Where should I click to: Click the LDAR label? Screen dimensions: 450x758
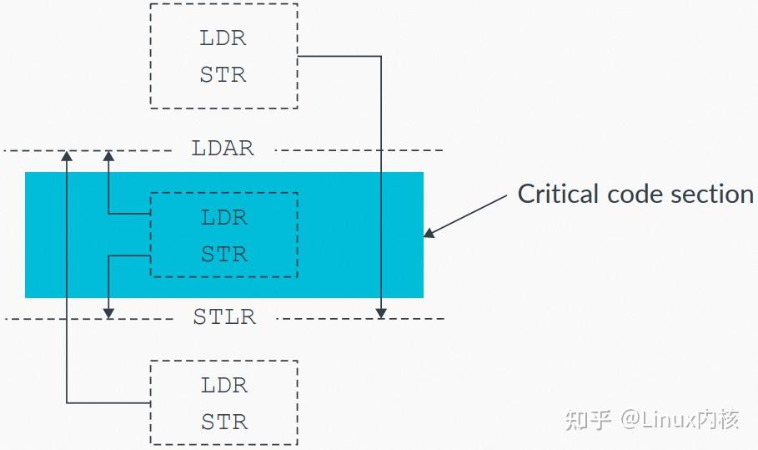coord(223,149)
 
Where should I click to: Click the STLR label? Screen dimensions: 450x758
coord(224,317)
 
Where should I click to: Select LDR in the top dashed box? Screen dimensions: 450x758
coord(223,38)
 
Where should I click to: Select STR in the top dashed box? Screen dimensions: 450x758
coord(223,75)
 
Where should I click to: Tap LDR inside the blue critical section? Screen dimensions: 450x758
coord(224,218)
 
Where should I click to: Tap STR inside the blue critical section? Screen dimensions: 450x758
coord(224,254)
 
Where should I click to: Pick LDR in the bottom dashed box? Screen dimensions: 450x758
coord(224,386)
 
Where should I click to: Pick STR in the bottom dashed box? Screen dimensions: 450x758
coord(224,422)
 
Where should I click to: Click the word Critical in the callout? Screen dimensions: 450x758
coord(557,194)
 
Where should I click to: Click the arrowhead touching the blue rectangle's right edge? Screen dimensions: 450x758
coord(429,233)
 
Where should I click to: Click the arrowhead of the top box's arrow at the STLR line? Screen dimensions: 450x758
coord(381,313)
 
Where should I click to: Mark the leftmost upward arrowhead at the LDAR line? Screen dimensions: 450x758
coord(68,155)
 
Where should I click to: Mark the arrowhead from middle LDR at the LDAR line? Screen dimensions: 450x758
coord(108,155)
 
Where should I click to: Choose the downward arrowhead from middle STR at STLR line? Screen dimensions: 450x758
coord(108,313)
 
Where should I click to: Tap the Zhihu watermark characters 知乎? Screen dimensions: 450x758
coord(589,419)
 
